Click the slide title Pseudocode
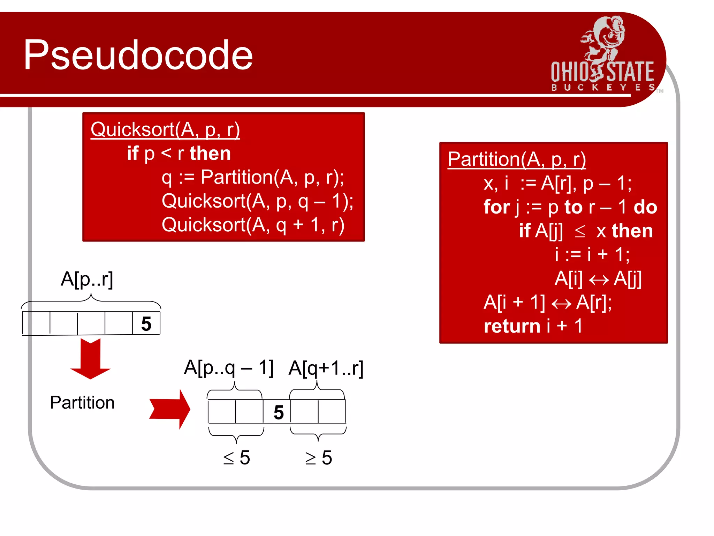click(138, 55)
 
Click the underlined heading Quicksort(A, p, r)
click(165, 129)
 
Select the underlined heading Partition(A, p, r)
click(517, 159)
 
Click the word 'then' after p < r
click(210, 154)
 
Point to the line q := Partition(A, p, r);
click(253, 177)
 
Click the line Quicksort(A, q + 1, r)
click(253, 225)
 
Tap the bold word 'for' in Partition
click(496, 207)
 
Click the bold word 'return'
click(512, 326)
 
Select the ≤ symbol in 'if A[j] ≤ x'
click(580, 231)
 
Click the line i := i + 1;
click(592, 254)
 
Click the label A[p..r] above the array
click(87, 279)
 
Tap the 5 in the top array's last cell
click(146, 324)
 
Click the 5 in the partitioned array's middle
click(279, 412)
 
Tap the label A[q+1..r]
click(326, 368)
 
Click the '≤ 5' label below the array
click(237, 457)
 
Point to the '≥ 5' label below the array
click(319, 457)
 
